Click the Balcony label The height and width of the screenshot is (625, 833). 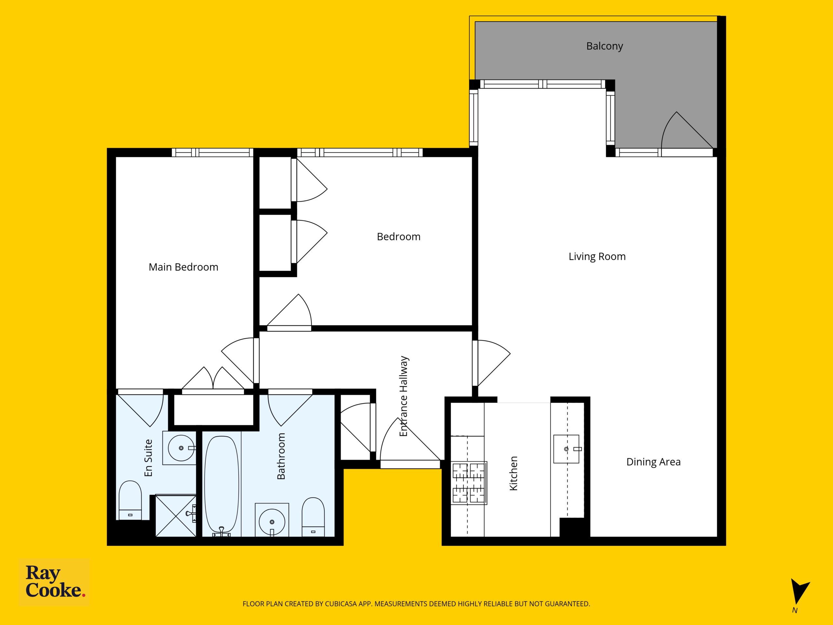click(605, 46)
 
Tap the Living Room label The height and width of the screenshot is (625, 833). click(597, 257)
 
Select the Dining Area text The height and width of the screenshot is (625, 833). click(653, 462)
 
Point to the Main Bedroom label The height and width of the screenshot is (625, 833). click(184, 267)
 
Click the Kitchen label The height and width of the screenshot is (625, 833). click(514, 473)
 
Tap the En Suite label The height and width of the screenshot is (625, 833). click(148, 458)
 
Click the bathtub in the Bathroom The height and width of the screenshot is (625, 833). click(222, 486)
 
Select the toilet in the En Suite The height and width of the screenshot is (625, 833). click(130, 500)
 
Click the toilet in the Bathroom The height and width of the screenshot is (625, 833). click(313, 517)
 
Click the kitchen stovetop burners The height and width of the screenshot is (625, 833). click(469, 483)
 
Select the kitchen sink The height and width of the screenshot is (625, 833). click(566, 449)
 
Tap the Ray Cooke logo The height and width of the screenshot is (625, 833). click(55, 582)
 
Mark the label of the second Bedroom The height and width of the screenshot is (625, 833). click(398, 237)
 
